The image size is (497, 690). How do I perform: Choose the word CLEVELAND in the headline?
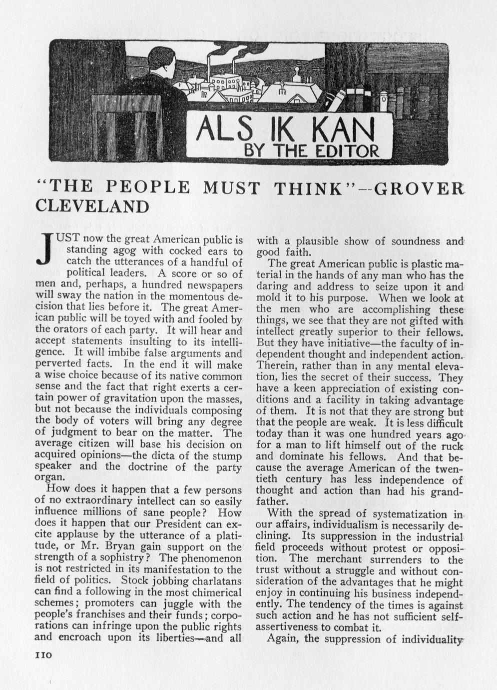(93, 206)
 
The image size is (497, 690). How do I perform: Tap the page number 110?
(44, 654)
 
